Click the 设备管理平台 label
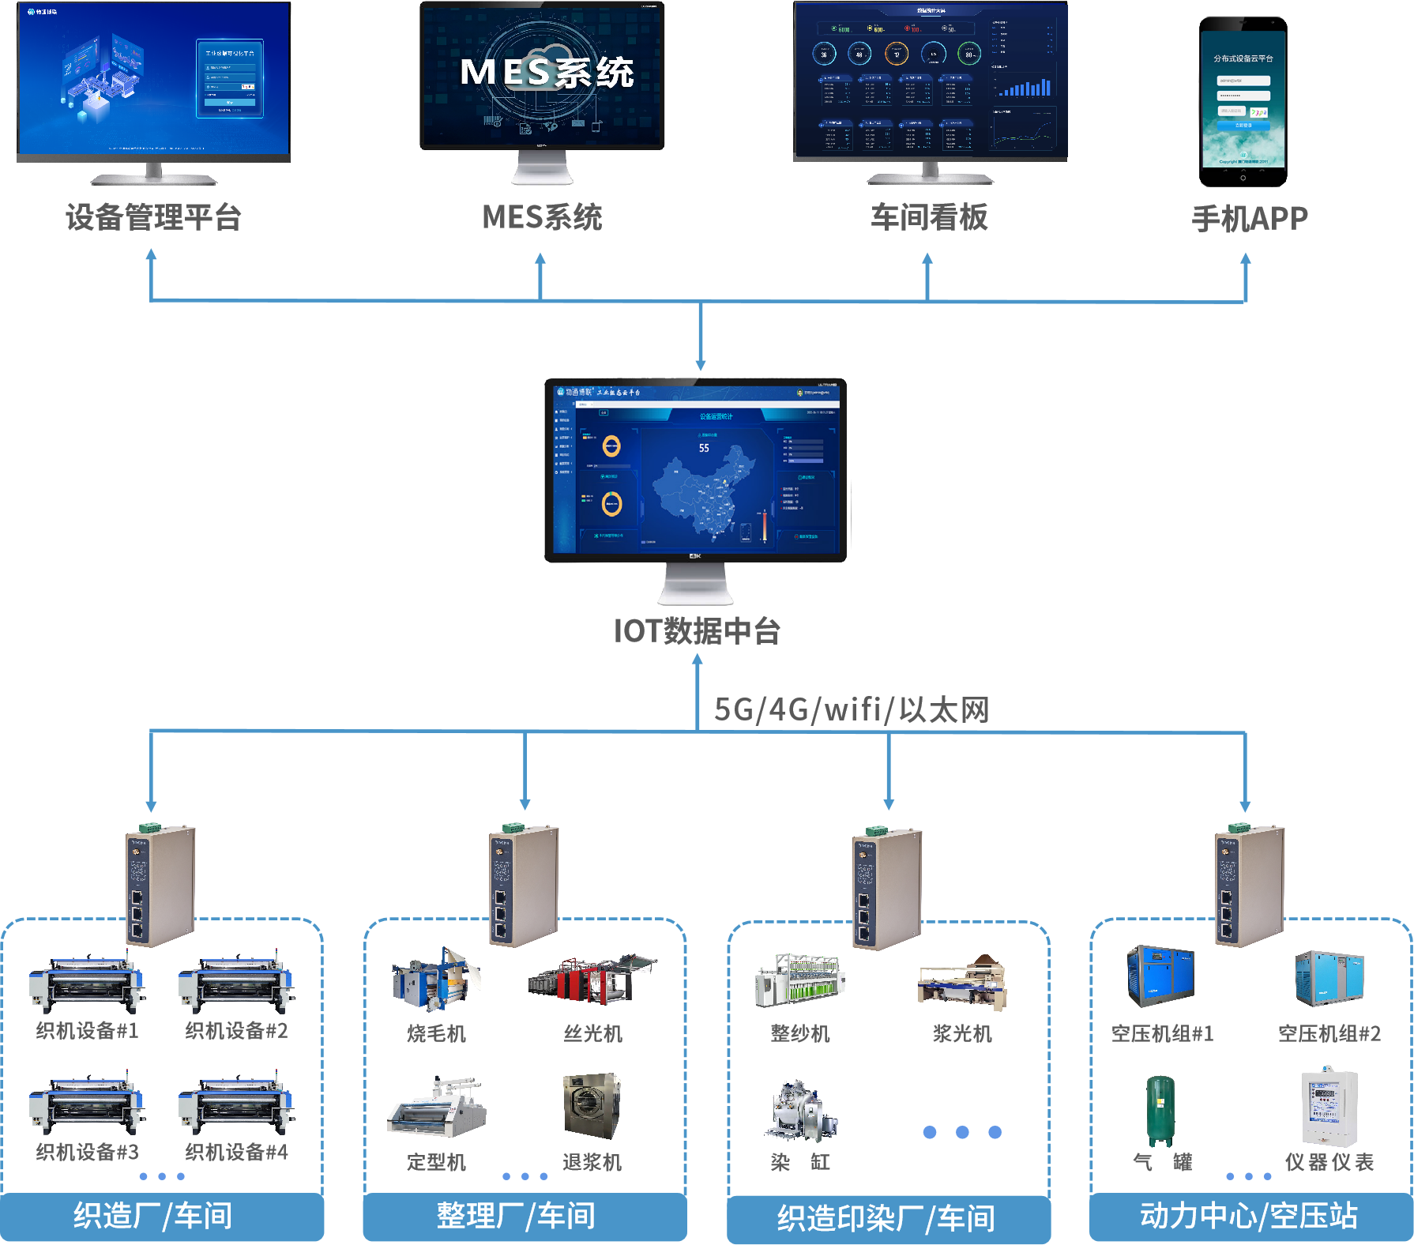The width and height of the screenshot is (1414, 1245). (x=153, y=217)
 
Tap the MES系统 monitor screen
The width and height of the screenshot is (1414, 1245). (x=542, y=75)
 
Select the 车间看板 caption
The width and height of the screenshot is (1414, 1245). (x=929, y=217)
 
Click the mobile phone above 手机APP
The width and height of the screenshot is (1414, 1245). (x=1243, y=101)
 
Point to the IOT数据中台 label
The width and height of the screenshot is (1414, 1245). (x=697, y=631)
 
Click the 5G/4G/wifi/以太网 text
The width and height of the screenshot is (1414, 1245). (x=852, y=709)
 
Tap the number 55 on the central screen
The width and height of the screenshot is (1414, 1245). (x=704, y=448)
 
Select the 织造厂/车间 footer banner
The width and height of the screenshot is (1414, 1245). (x=153, y=1216)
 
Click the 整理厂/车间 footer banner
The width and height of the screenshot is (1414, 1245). (x=517, y=1216)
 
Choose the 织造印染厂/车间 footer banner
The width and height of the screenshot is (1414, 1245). (x=886, y=1218)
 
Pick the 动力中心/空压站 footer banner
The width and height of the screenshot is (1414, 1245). (x=1249, y=1216)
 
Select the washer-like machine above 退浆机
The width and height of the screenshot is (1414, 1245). (x=592, y=1104)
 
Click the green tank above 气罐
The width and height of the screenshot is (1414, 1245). (x=1160, y=1110)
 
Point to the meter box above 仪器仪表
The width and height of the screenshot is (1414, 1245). (x=1329, y=1108)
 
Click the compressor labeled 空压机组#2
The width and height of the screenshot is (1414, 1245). (x=1329, y=978)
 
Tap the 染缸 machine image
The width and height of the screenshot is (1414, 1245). (x=800, y=1110)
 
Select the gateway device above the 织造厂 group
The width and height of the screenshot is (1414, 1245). (x=160, y=885)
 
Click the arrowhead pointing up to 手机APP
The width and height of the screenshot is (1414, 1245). (x=1246, y=259)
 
